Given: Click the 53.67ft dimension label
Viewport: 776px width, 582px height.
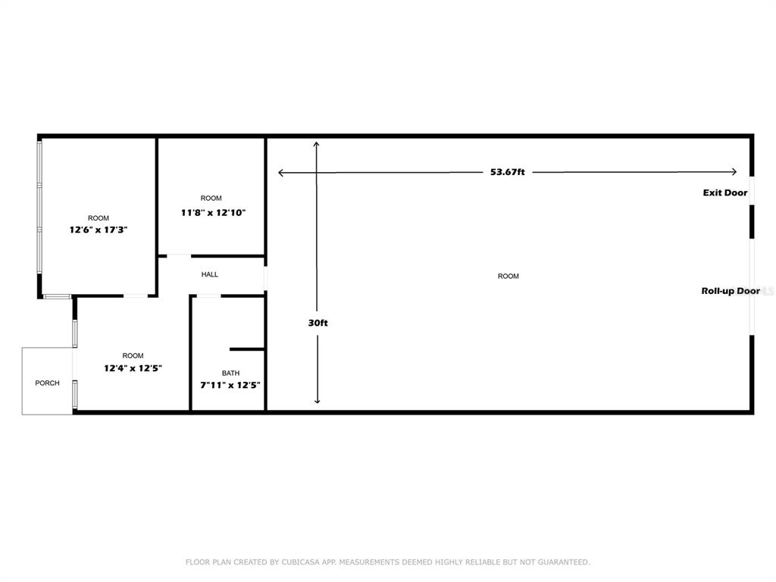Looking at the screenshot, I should point(508,172).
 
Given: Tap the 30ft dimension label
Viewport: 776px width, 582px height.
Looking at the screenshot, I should point(318,323).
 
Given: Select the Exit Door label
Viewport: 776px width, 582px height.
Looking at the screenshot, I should point(725,192).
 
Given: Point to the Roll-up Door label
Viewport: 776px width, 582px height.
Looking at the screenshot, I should point(731,291).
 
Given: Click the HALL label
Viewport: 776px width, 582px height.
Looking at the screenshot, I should point(210,274).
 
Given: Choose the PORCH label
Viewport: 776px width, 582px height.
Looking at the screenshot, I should point(47,383).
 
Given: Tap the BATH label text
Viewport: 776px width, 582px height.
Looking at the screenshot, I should point(230,373).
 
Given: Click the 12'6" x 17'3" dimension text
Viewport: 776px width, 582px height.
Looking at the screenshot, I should point(98,229).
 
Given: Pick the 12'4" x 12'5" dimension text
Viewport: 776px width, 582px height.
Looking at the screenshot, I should point(133,368).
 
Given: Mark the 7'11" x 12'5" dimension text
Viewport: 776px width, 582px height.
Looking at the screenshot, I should point(230,385).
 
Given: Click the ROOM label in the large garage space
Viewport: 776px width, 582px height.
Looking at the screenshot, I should point(508,277).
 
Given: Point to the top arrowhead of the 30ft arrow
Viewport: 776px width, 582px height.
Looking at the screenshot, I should point(318,143).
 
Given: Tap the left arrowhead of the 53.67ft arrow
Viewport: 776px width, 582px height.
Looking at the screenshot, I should point(281,173).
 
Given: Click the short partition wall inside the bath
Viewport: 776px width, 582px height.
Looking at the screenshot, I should point(247,349).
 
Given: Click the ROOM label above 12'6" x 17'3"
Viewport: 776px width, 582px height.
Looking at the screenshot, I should point(98,218).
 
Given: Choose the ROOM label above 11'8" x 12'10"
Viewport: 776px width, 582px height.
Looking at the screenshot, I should point(211,199).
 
